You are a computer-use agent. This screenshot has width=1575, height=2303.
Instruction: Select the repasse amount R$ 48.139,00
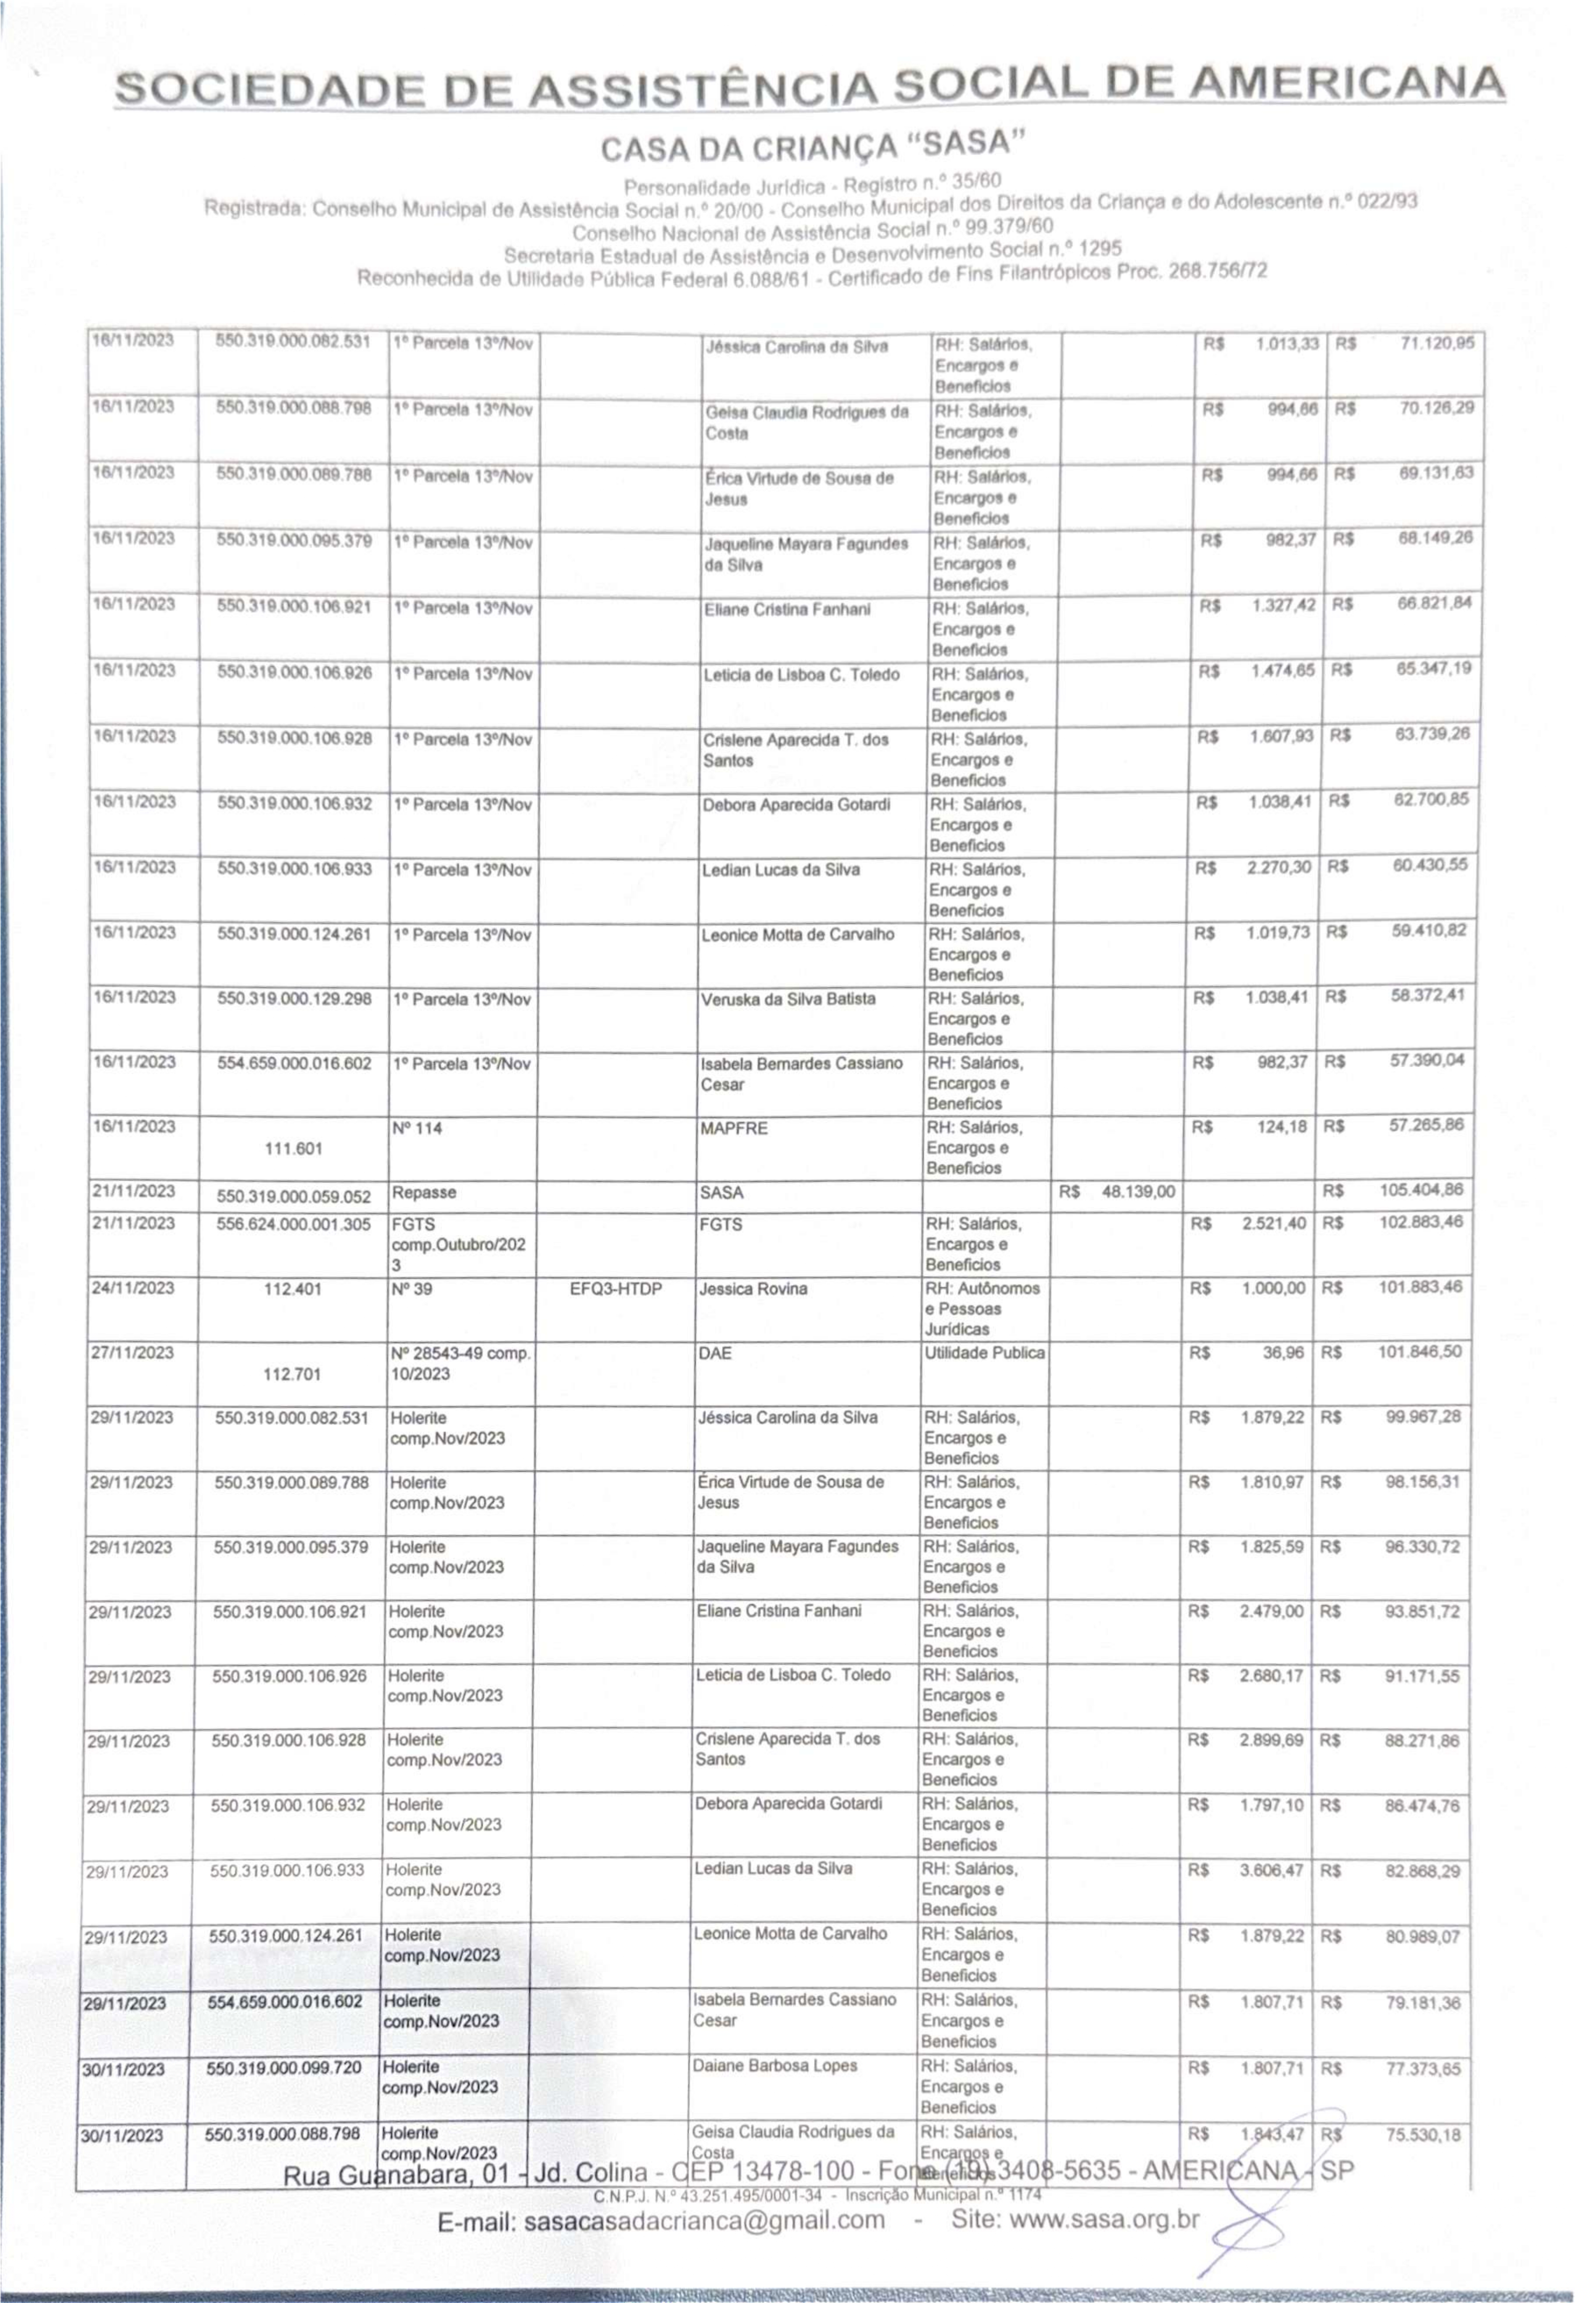pyautogui.click(x=1116, y=1191)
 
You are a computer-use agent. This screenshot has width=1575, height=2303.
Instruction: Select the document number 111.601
pyautogui.click(x=293, y=1148)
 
